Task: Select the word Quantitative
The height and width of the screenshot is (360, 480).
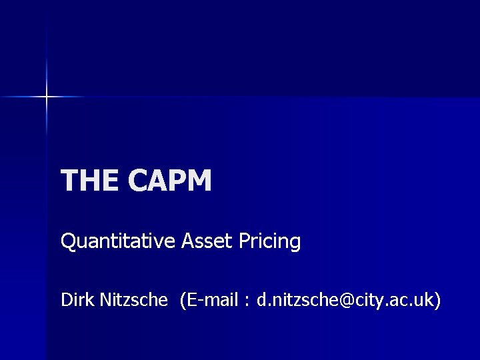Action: tap(119, 241)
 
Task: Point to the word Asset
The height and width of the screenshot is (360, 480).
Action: tap(207, 241)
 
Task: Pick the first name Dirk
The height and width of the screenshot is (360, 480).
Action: tap(77, 301)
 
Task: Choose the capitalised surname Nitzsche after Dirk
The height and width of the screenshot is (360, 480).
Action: tap(133, 301)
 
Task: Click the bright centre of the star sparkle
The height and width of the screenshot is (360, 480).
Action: tap(47, 97)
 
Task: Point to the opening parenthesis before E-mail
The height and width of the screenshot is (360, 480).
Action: tap(182, 301)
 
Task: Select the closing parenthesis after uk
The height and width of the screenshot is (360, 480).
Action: tap(437, 301)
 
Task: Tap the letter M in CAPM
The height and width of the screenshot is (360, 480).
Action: tap(197, 181)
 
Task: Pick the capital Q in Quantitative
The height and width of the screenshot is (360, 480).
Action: tap(67, 241)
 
